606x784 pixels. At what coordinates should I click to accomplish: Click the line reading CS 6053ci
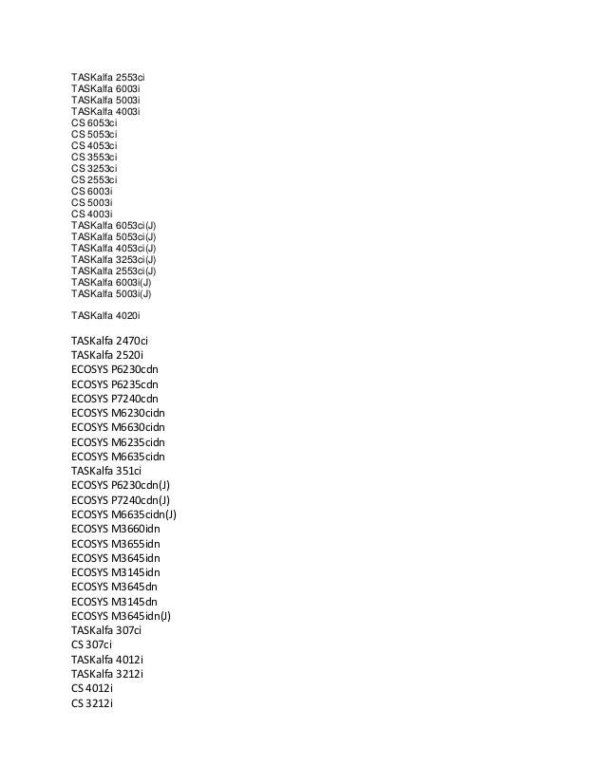click(x=94, y=122)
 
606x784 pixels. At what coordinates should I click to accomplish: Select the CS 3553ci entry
click(x=94, y=157)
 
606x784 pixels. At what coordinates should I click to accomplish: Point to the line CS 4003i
click(x=92, y=214)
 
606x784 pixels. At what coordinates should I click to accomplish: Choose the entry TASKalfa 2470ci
click(x=110, y=340)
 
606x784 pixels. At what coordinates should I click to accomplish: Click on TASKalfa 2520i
click(x=107, y=355)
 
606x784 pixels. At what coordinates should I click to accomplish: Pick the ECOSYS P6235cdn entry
click(x=115, y=383)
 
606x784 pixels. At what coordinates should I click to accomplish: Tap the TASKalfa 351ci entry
click(x=106, y=470)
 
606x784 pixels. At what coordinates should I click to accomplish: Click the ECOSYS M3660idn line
click(x=116, y=529)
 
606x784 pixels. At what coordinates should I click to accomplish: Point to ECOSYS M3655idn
click(x=116, y=543)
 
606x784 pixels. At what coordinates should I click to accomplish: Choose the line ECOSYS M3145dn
click(x=115, y=601)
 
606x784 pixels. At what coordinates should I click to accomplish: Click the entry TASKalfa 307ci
click(x=106, y=630)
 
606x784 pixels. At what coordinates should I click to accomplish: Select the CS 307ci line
click(x=91, y=644)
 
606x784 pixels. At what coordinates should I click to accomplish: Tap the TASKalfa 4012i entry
click(x=107, y=659)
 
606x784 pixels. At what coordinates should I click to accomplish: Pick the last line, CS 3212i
click(x=92, y=702)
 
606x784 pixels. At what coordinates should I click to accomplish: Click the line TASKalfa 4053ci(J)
click(x=114, y=248)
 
